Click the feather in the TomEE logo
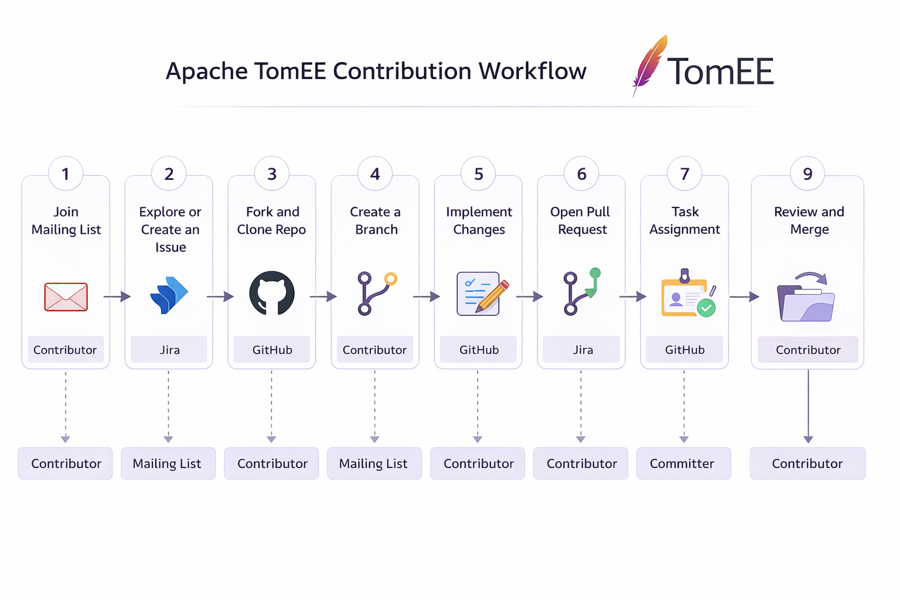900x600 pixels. coord(649,66)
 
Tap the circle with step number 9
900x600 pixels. coord(807,174)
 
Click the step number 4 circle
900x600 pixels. coord(375,174)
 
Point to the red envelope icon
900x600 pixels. coord(66,296)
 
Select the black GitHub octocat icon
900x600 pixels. coord(272,294)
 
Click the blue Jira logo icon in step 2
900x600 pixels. coord(169,295)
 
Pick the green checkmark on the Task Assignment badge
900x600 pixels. coord(706,308)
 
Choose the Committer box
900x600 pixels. coord(683,463)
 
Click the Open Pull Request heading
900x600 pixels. coord(581,220)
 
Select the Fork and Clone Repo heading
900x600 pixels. coord(272,220)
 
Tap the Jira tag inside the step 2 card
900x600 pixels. coord(169,350)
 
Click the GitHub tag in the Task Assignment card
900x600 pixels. coord(684,350)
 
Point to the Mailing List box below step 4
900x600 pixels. coord(374,463)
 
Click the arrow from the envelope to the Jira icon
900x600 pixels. coord(117,296)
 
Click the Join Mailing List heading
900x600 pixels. coord(66,220)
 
